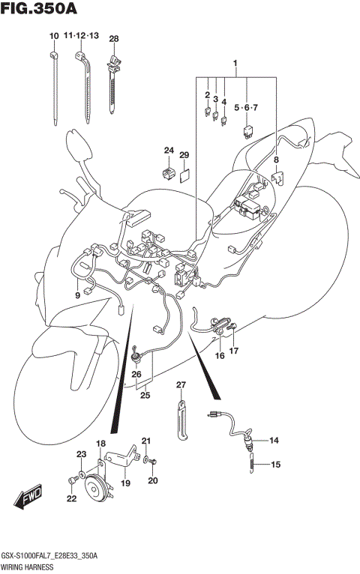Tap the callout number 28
(x=114, y=38)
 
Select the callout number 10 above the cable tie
(x=53, y=37)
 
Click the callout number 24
(x=169, y=151)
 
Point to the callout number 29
(x=183, y=154)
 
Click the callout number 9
(x=76, y=295)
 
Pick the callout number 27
(x=180, y=385)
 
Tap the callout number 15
(x=275, y=465)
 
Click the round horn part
(x=96, y=491)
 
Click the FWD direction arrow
(x=28, y=498)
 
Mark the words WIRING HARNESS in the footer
(x=25, y=566)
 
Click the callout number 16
(x=220, y=356)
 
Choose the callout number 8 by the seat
(x=275, y=160)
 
